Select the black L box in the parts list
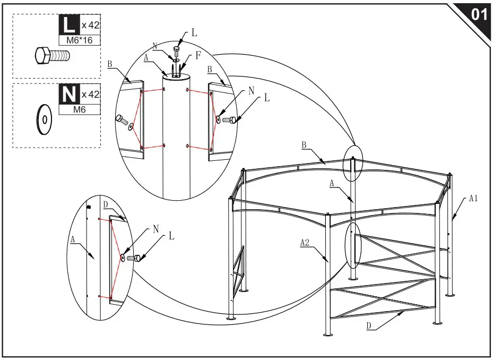[68, 24]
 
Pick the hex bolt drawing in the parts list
[52, 55]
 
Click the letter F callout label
[198, 54]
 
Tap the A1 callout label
[474, 198]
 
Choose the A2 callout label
[305, 242]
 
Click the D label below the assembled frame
[368, 327]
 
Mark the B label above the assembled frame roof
[304, 144]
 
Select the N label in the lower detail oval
[156, 228]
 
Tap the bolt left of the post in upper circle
[122, 120]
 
